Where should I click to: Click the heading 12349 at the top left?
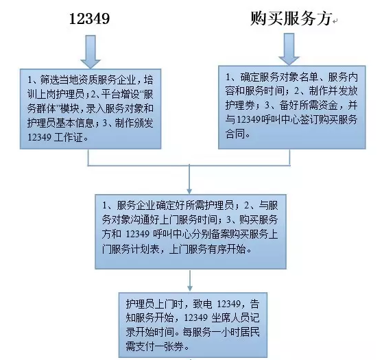coord(89,19)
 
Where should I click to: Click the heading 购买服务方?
coord(291,19)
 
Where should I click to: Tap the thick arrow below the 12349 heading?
coord(91,51)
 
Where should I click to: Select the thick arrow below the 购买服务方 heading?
coord(289,49)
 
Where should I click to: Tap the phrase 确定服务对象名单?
coord(279,77)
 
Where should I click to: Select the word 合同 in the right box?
coord(235,134)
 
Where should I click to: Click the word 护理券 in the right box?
coord(239,106)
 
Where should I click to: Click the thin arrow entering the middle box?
coord(189,179)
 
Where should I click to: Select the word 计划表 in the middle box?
coord(145,250)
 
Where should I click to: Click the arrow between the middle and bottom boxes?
coord(189,280)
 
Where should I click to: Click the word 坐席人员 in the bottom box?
coord(230,318)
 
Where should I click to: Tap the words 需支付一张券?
coord(155,346)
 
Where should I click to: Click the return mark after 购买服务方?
coord(335,21)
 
